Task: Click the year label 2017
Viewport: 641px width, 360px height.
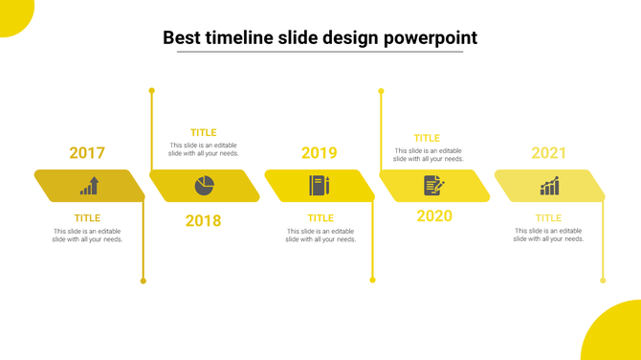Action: [87, 153]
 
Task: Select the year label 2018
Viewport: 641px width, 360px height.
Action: [203, 221]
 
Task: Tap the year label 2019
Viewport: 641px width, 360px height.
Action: [319, 153]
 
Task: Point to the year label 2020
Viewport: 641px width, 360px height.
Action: [434, 215]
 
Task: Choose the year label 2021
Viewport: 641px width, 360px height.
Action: [549, 153]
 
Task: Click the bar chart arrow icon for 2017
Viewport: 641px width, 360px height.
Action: [89, 186]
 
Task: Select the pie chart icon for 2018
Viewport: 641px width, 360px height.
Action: [205, 185]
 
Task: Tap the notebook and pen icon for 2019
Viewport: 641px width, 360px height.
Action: [319, 186]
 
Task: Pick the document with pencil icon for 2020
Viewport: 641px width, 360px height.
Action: [433, 185]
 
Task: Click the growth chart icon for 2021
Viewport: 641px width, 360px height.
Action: [549, 186]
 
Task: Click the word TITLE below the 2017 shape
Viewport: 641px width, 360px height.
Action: [87, 218]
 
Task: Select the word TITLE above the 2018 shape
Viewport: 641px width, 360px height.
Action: [203, 133]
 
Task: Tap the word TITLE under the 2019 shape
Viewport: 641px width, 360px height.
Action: [320, 218]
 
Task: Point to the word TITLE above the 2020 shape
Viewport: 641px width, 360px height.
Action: [427, 139]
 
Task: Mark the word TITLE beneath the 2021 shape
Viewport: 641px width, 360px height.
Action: [548, 218]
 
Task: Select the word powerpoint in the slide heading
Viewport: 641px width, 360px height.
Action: [431, 38]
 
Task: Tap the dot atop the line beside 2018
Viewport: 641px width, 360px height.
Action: [151, 91]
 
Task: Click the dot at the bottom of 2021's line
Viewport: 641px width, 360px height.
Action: [603, 281]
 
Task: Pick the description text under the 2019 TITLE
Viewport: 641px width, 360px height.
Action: [320, 236]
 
